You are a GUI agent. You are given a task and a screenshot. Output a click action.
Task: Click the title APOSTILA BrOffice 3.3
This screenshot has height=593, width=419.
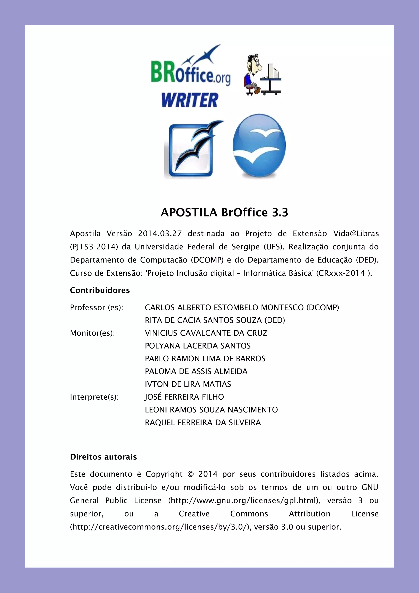[224, 213]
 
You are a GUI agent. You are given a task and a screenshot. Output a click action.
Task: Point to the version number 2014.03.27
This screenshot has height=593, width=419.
[160, 234]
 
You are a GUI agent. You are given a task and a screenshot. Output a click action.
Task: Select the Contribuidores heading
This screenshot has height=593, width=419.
[100, 290]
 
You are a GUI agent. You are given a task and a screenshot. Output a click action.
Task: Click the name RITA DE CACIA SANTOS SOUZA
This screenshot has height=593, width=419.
[203, 320]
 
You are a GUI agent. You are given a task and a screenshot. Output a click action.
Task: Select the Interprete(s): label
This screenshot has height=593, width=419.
[94, 397]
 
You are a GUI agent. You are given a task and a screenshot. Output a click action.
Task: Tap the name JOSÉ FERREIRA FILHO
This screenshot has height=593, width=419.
[184, 397]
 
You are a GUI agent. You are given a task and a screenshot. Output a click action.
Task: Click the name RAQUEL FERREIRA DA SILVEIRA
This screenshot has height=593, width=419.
[203, 423]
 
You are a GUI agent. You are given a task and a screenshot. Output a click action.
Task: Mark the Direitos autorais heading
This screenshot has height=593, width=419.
[103, 457]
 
